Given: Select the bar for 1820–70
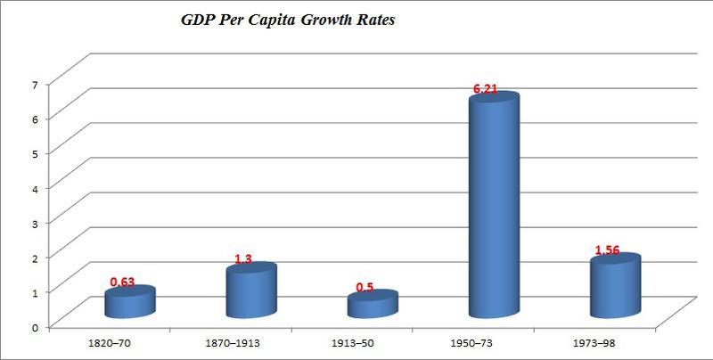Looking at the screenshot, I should [130, 303].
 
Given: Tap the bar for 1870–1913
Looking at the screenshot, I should [251, 291].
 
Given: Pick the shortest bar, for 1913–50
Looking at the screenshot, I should [373, 305].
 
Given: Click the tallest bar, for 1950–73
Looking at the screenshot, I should [493, 209].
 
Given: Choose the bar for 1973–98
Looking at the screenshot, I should [614, 287].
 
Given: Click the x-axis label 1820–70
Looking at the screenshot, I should [110, 342].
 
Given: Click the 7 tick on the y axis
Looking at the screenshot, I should [35, 84].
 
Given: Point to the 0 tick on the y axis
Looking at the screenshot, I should [35, 327].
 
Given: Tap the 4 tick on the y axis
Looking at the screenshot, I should [35, 188].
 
